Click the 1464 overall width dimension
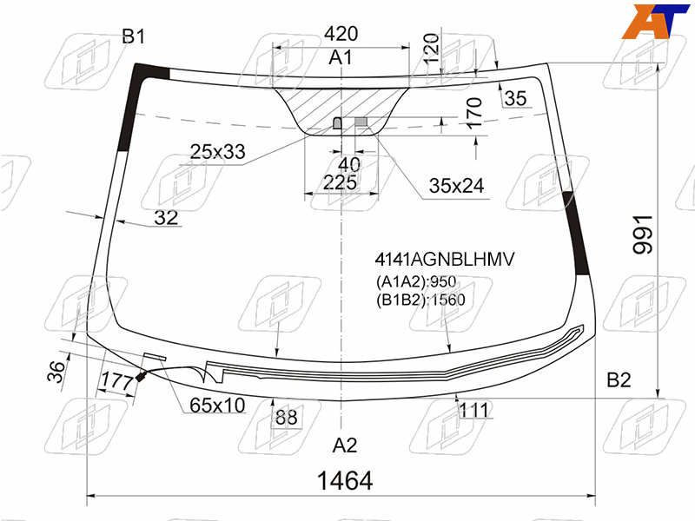(x=345, y=481)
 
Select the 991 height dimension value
(x=643, y=234)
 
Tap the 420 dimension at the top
(x=341, y=34)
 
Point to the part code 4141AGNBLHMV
(x=445, y=259)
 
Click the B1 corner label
(x=134, y=36)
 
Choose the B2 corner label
(x=619, y=380)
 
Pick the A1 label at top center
(x=341, y=57)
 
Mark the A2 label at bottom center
(x=344, y=445)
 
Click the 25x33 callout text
(x=218, y=151)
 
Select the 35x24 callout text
(x=457, y=186)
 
